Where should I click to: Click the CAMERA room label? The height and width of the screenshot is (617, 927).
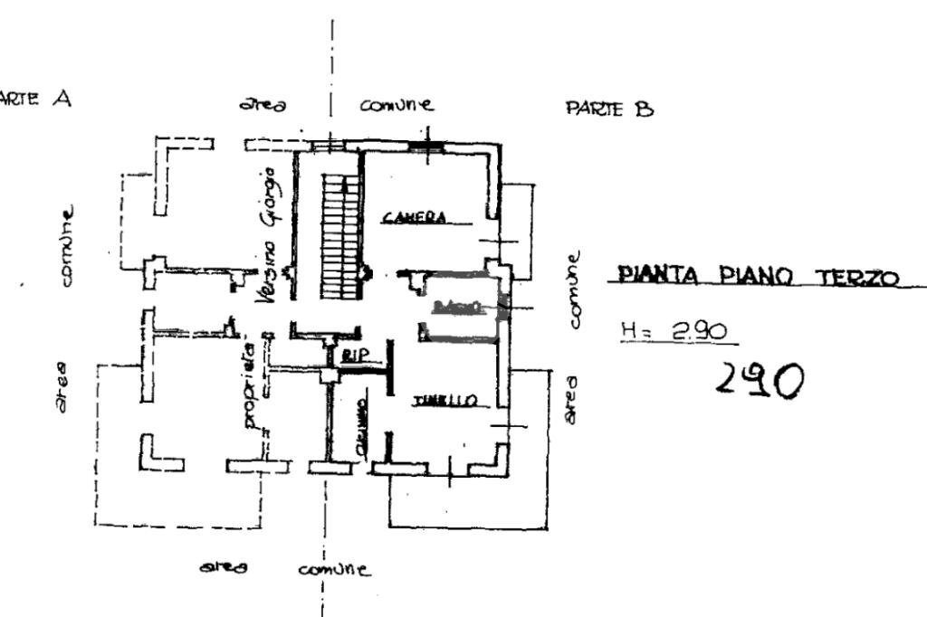click(413, 217)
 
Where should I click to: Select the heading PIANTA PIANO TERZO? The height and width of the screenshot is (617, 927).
click(758, 276)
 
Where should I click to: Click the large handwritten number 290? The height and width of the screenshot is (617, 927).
click(759, 380)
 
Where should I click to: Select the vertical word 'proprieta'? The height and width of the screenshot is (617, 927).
click(251, 384)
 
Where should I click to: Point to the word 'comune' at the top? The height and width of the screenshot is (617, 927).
click(396, 104)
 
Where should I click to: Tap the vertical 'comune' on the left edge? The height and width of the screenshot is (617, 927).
click(67, 245)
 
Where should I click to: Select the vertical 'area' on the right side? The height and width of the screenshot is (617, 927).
click(571, 398)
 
